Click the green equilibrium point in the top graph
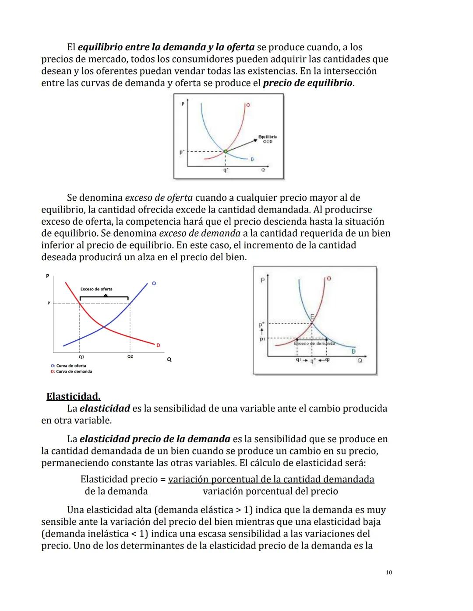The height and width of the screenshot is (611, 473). [225, 151]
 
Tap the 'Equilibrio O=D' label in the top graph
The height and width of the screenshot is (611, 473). [268, 139]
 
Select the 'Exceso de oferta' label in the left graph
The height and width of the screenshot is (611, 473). [96, 289]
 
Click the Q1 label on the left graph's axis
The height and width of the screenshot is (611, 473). [81, 357]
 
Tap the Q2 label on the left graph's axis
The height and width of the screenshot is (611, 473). [130, 357]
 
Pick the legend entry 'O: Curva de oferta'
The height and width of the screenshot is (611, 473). [68, 366]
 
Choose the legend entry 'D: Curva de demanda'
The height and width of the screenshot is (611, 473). [71, 372]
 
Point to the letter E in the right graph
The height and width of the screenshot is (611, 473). [312, 316]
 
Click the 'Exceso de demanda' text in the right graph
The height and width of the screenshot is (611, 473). [314, 344]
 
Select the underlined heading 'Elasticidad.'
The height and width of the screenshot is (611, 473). [73, 397]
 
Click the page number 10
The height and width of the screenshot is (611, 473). [389, 573]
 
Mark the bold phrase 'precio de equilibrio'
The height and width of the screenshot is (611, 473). [307, 83]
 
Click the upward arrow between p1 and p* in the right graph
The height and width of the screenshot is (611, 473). [262, 332]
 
